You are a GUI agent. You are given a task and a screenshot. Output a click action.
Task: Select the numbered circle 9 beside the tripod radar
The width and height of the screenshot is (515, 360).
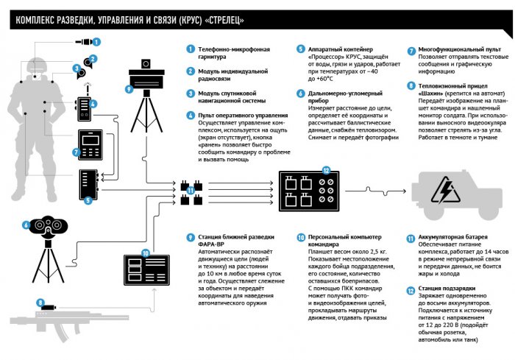click(x=129, y=90)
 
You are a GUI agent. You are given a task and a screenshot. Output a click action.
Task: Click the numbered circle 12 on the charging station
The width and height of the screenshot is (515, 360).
click(x=327, y=169)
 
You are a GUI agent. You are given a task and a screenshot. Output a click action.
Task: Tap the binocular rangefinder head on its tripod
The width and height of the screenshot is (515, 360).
click(x=49, y=225)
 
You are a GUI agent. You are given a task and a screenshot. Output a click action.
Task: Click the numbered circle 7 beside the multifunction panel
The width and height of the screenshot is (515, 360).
click(x=76, y=154)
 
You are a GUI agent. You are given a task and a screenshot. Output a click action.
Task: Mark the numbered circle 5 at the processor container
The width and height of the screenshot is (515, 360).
click(x=88, y=200)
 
